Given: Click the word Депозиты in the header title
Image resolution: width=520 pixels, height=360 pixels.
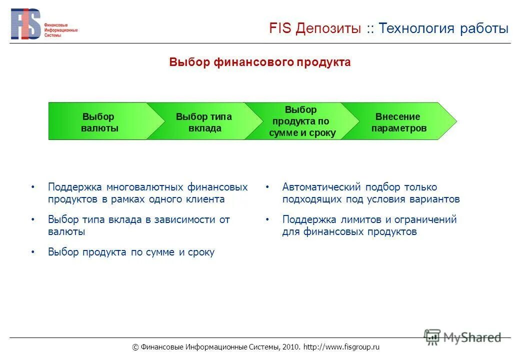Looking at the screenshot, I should click(327, 28).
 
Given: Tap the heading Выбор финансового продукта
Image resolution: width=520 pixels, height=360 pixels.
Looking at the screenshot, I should click(259, 62).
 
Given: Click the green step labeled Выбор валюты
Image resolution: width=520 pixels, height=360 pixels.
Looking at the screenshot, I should click(99, 122).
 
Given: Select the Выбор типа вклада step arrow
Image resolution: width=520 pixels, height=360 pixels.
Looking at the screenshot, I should click(204, 122).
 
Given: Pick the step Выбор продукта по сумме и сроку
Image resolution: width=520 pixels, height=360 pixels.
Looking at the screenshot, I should click(301, 121).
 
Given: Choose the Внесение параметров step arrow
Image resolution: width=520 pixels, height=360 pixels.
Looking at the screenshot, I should click(398, 122).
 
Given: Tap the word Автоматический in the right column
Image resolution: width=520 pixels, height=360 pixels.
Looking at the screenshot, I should click(321, 187).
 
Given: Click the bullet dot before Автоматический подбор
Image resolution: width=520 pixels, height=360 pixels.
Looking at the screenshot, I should click(267, 187).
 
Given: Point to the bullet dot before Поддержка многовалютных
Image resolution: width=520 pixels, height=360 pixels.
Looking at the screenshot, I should click(33, 187).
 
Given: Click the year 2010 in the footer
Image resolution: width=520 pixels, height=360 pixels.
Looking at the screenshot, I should click(290, 347).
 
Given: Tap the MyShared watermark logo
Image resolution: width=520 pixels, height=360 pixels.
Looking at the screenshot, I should click(462, 337).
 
